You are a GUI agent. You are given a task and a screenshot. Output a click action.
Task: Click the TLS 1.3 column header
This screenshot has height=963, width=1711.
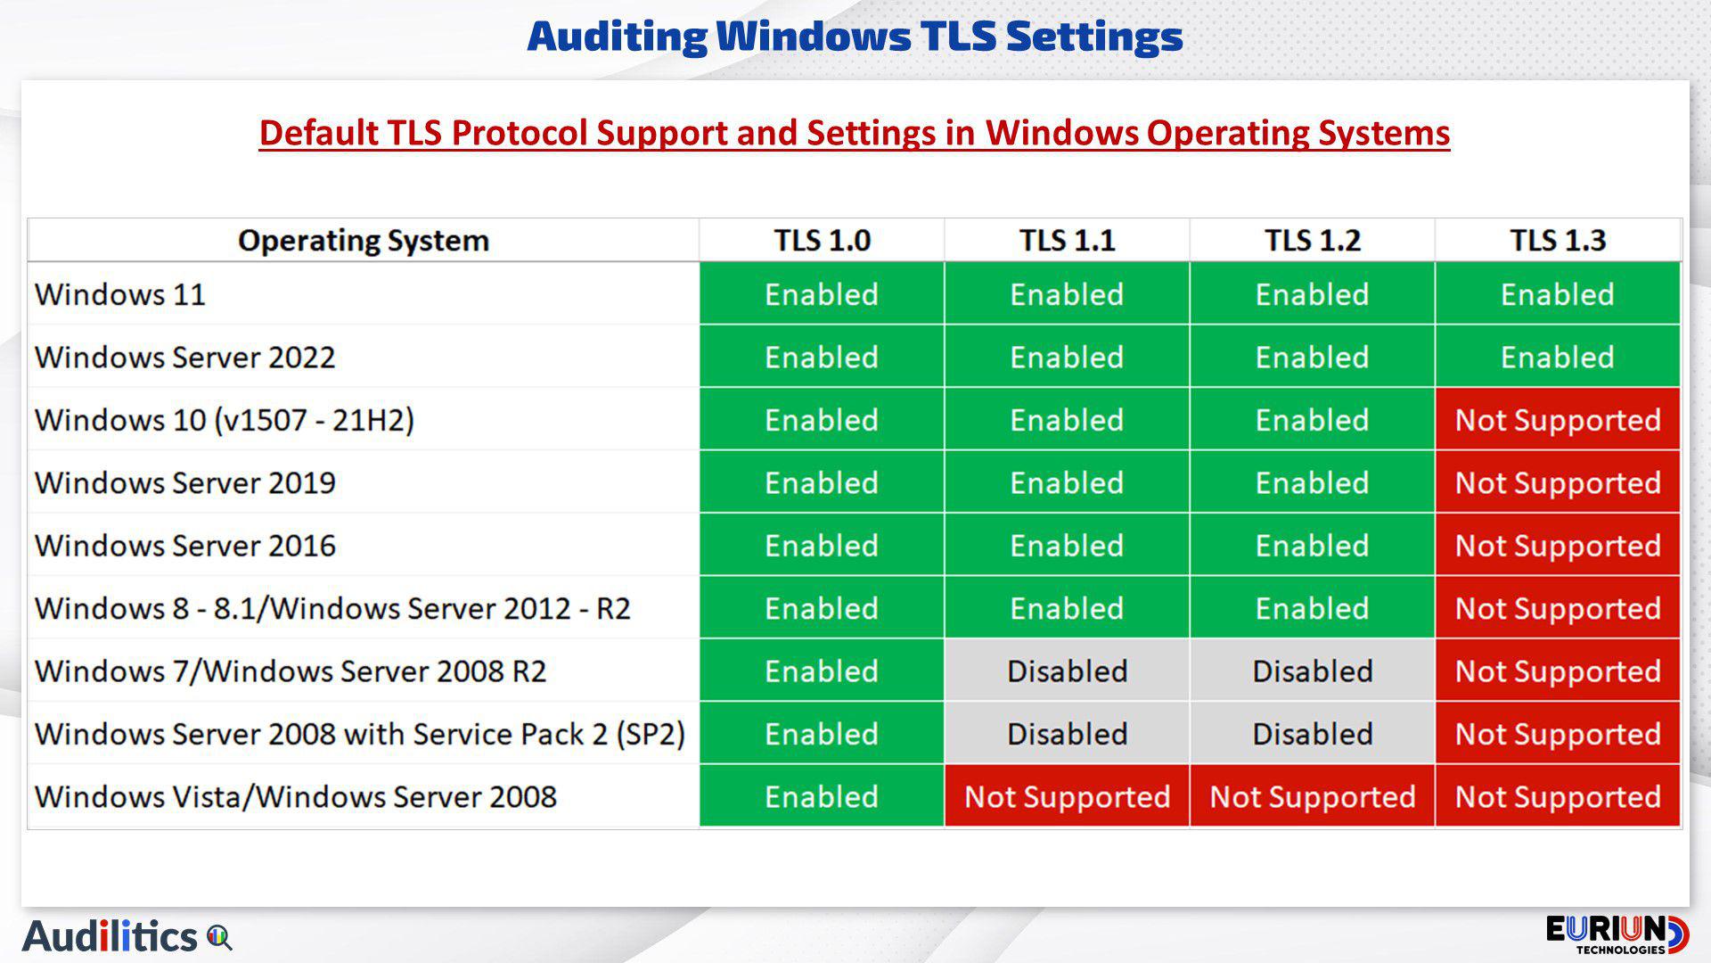click(1557, 240)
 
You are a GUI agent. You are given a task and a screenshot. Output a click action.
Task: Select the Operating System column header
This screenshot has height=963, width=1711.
click(364, 240)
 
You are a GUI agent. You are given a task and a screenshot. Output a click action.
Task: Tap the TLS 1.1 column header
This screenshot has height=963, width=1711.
click(1067, 240)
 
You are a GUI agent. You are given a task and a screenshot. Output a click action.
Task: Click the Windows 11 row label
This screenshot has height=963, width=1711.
click(120, 294)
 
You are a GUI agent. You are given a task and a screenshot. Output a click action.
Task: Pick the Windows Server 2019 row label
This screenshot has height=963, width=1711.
click(185, 482)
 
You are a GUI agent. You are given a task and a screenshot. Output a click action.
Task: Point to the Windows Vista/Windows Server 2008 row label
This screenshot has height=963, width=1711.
click(296, 796)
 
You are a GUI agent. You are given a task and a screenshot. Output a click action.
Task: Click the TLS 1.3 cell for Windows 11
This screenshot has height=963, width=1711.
click(1557, 293)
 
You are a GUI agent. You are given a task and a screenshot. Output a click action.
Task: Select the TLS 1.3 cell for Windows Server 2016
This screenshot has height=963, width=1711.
click(1557, 545)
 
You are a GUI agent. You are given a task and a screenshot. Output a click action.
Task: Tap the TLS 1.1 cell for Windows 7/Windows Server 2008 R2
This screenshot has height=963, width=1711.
click(1067, 671)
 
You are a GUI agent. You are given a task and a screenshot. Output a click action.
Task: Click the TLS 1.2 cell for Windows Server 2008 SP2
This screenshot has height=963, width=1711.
click(1312, 733)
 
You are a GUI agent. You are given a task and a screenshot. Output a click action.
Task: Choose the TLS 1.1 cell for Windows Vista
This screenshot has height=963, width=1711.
click(1067, 796)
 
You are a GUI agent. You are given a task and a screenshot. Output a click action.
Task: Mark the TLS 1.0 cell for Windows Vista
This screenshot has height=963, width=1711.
click(822, 796)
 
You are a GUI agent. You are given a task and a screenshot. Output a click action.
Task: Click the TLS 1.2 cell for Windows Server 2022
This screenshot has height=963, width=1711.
click(1312, 357)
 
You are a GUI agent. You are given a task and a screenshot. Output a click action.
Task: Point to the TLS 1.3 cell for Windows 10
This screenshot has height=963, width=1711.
click(1557, 419)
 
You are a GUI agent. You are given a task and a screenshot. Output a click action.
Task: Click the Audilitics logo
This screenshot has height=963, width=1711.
click(127, 936)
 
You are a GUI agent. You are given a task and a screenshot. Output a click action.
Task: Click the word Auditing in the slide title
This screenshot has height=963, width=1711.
click(617, 37)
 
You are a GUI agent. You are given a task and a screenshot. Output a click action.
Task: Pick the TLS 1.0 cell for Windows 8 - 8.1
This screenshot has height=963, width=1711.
click(822, 607)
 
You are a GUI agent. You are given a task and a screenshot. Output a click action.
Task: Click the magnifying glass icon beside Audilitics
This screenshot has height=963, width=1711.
click(219, 938)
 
